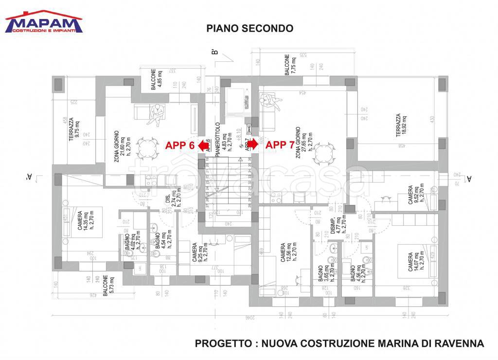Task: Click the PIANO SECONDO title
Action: click(250, 29)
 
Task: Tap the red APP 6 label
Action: click(180, 145)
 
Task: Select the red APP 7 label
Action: click(281, 145)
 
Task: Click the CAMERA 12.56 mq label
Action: click(287, 253)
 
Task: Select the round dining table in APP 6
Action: click(146, 145)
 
